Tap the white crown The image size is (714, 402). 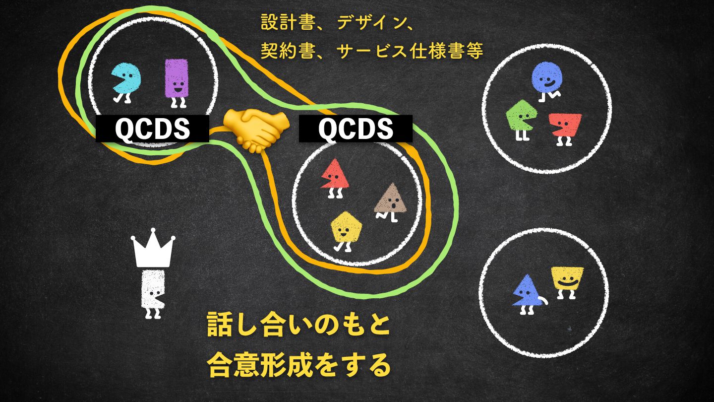153,250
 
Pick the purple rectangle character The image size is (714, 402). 176,79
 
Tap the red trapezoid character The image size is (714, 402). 566,126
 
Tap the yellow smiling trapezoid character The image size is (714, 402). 567,280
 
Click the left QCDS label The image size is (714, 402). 152,129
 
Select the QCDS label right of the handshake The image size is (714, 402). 356,129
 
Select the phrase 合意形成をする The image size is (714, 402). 298,366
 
